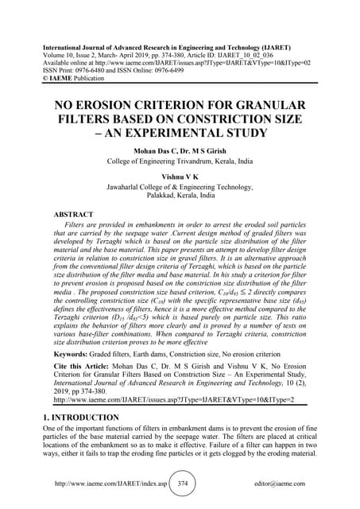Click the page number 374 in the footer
(x=182, y=484)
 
